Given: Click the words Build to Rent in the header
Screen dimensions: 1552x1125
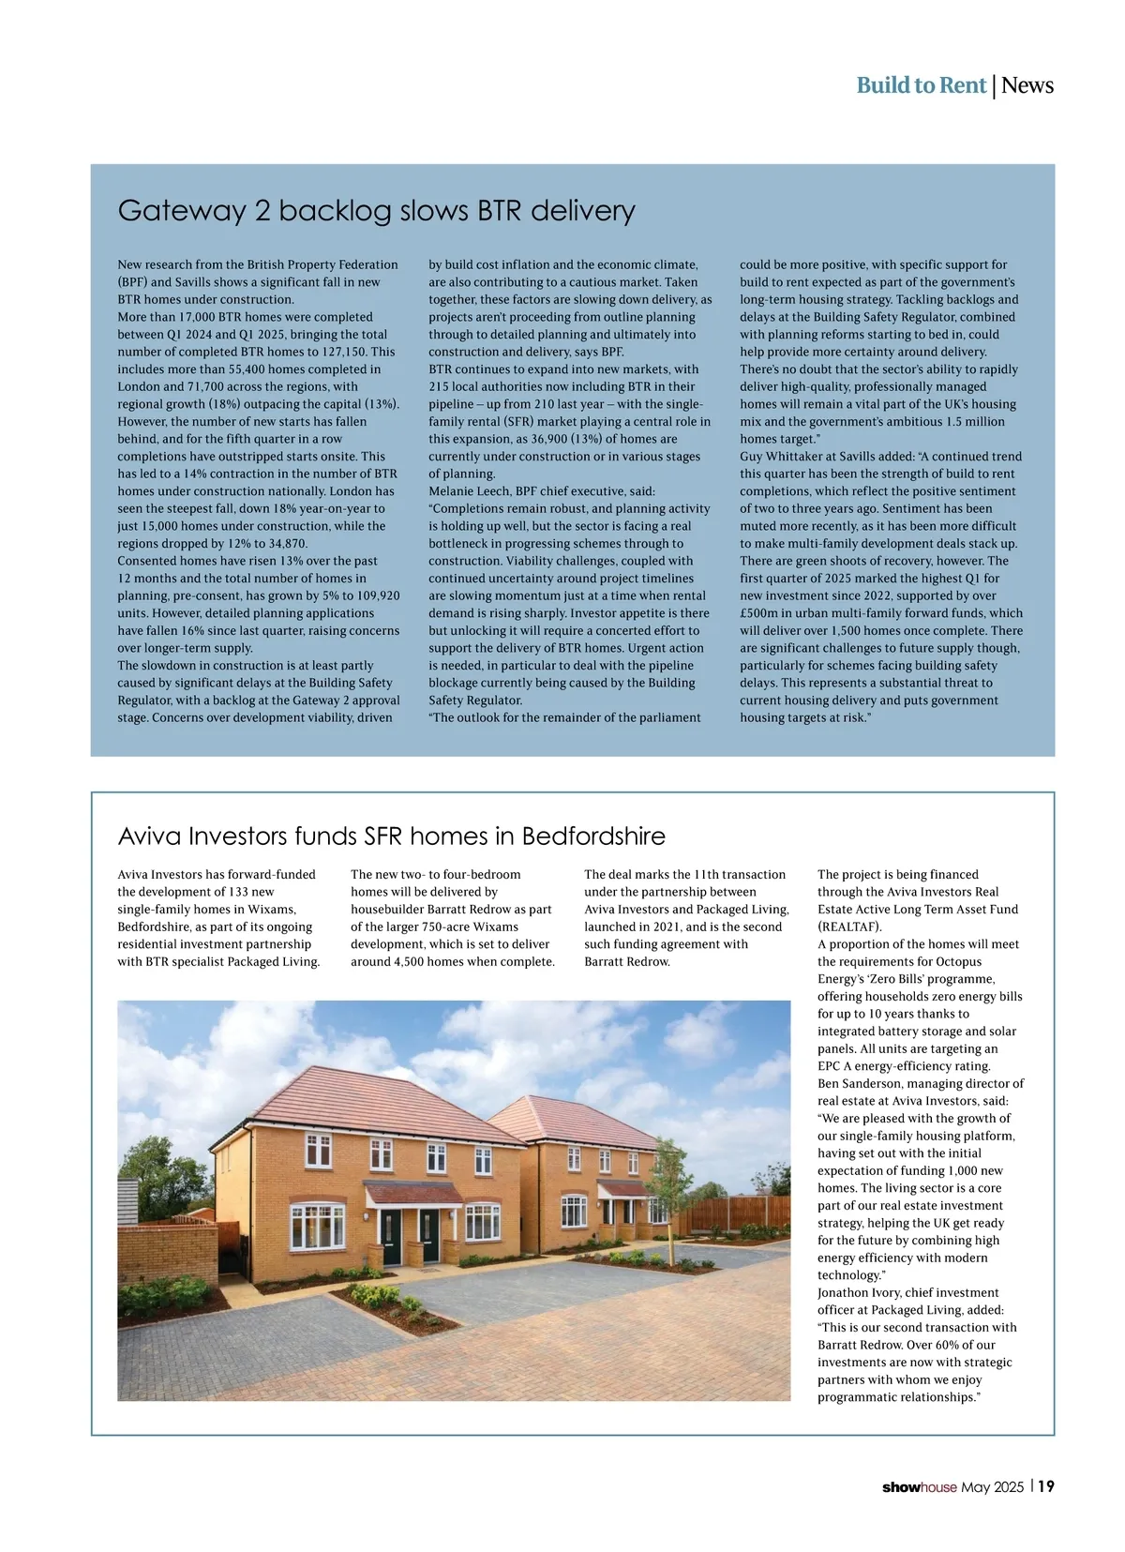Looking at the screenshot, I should tap(921, 85).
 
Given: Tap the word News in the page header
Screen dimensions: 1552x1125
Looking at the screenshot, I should tap(1027, 85).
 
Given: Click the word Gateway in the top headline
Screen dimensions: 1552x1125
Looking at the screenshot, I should tap(182, 210).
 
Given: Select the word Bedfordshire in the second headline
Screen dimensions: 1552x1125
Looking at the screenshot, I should tap(593, 836).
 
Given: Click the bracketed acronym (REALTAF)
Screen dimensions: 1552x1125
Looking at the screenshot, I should tap(849, 927).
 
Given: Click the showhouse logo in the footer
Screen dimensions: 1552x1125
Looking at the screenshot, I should tap(920, 1487).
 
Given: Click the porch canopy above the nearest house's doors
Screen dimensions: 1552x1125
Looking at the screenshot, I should tap(412, 1193).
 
